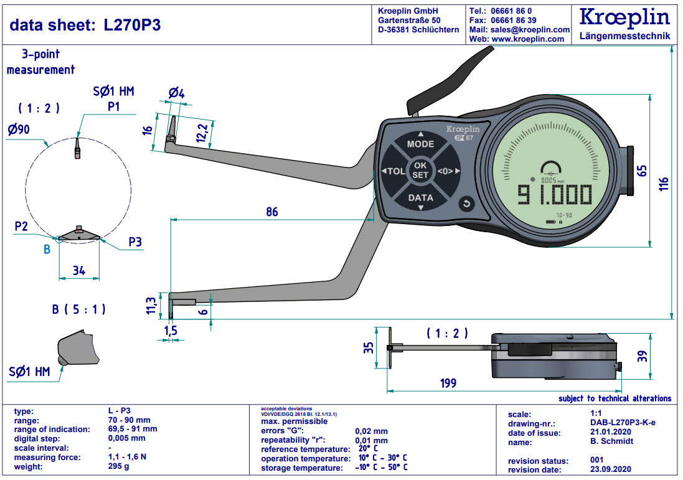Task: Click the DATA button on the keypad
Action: (x=420, y=198)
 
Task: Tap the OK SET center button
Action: (x=420, y=171)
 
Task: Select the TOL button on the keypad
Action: (x=393, y=171)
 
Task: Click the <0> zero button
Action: (x=447, y=171)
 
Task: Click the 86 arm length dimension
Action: (x=271, y=212)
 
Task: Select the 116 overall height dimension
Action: (x=664, y=184)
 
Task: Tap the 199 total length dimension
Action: (x=448, y=382)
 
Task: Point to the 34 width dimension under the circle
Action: (x=78, y=271)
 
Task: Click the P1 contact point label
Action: (x=113, y=106)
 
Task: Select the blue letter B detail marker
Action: (x=46, y=250)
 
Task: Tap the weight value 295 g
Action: (x=118, y=467)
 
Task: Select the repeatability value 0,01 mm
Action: (x=372, y=440)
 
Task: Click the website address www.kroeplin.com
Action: (x=528, y=39)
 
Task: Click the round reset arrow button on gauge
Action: (x=466, y=204)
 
